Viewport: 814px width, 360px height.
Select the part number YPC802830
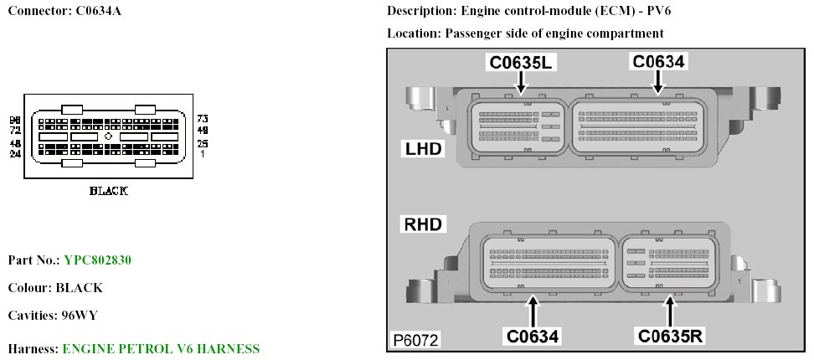pos(97,260)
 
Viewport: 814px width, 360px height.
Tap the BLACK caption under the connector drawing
pos(108,191)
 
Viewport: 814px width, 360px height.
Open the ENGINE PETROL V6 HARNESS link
pos(161,348)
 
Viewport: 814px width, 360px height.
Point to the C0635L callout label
pos(522,62)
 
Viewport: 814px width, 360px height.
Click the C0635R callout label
pos(670,337)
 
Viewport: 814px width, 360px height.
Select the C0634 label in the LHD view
pos(658,61)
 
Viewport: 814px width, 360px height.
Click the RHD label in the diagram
pos(424,224)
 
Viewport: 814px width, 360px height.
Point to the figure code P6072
pos(416,341)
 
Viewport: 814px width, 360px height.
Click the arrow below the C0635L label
pos(522,81)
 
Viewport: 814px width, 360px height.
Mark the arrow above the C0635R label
pos(670,312)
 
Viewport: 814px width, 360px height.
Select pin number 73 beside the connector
pos(201,119)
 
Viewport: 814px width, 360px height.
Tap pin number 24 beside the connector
pos(15,154)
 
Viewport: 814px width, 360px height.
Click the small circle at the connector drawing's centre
pos(108,136)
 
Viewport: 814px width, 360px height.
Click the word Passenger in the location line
pos(473,33)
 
